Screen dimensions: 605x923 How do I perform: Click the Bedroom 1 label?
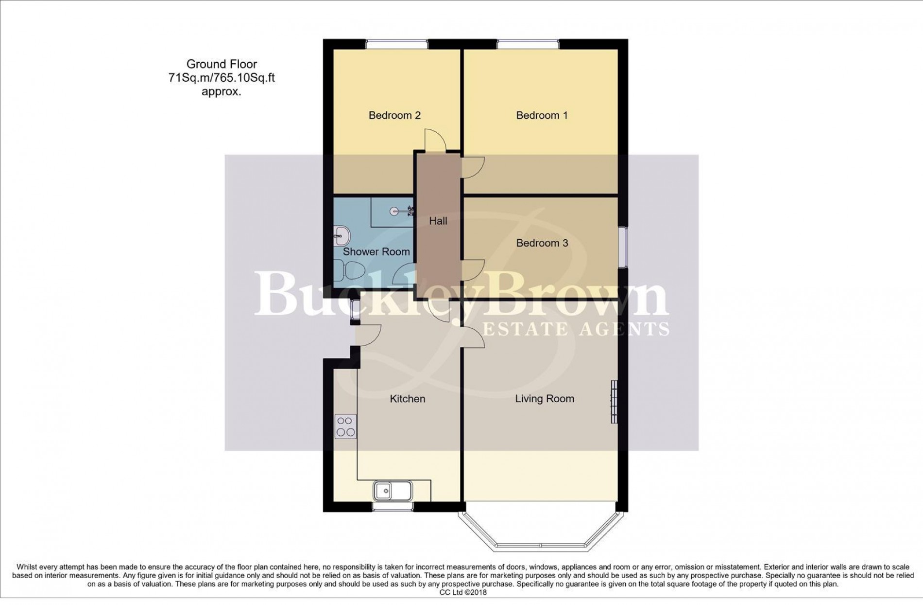click(x=542, y=115)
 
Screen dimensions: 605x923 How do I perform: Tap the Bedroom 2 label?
click(x=394, y=115)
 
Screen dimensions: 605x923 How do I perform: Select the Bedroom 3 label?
click(x=542, y=243)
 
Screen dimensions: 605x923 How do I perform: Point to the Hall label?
click(x=438, y=221)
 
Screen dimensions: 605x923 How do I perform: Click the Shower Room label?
click(x=376, y=252)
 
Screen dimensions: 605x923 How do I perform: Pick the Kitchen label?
click(x=407, y=399)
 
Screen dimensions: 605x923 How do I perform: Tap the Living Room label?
click(x=544, y=399)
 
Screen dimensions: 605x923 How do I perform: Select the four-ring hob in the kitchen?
click(x=345, y=427)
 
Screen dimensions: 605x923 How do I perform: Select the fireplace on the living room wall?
click(x=614, y=402)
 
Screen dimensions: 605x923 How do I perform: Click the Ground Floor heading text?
click(x=222, y=64)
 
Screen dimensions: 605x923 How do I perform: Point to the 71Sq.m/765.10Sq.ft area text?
click(x=222, y=78)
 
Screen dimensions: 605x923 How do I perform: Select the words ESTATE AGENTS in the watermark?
click(x=576, y=329)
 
